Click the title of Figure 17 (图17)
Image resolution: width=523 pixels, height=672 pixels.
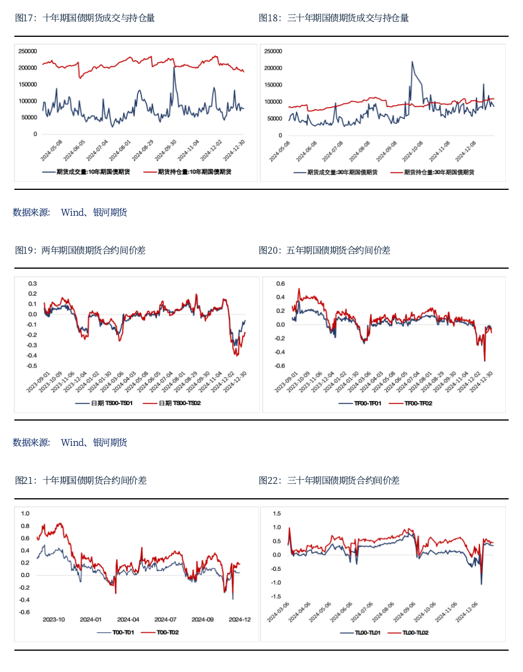pos(84,18)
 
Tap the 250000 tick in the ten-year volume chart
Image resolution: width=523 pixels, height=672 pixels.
pos(28,51)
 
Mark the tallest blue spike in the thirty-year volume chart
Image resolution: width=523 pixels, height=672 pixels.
pos(412,62)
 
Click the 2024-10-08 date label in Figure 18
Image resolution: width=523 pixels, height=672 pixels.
pos(416,150)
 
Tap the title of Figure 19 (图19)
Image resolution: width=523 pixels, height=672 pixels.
pos(80,250)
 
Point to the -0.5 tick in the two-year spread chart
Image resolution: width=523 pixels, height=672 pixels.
pos(32,366)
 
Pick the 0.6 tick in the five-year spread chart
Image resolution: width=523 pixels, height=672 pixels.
pos(280,284)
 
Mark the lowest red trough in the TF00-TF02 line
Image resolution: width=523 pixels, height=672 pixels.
pos(484,361)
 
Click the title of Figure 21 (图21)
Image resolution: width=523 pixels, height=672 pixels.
pos(80,480)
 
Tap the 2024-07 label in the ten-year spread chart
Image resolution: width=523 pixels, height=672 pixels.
pos(165,620)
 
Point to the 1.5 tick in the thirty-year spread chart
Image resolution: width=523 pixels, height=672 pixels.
pos(277,513)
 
